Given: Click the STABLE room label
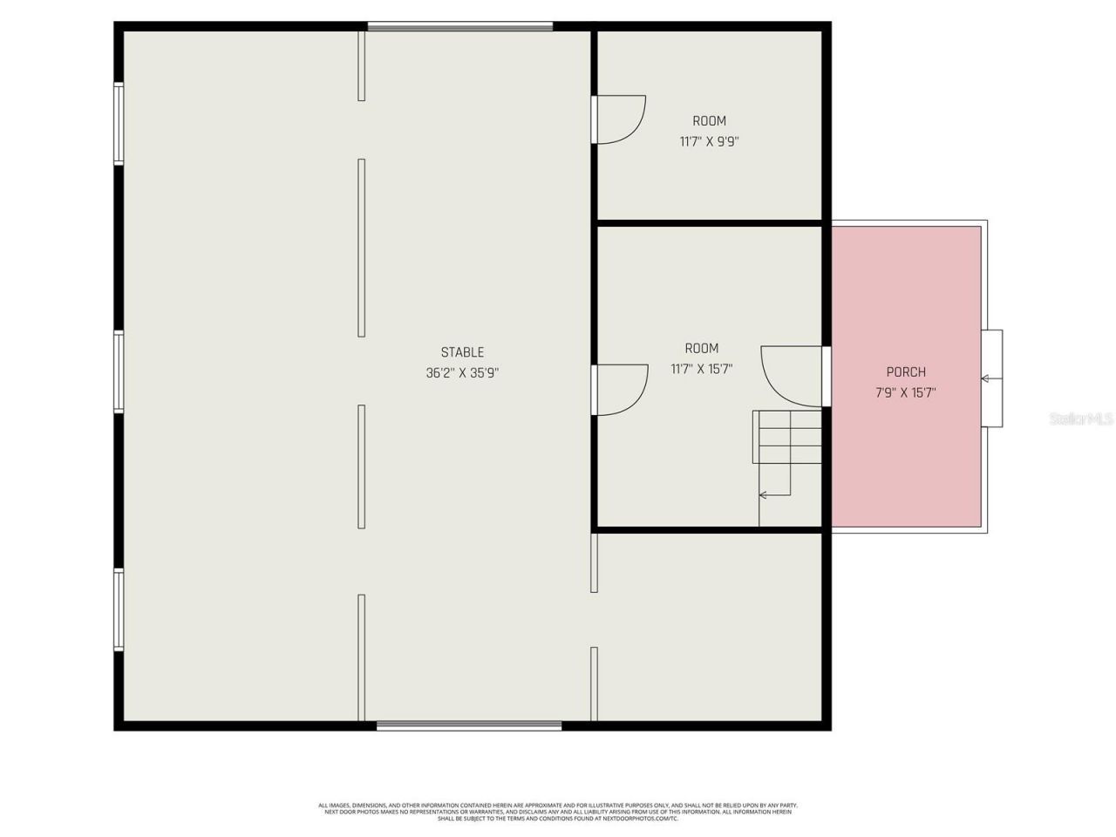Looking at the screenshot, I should pos(462,352).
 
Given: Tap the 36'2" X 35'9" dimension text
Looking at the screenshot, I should pos(462,373).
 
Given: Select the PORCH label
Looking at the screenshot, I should pos(906,372).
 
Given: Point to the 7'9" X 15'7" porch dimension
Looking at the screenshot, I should pos(906,393).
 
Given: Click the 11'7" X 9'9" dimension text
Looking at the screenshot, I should pos(709,141).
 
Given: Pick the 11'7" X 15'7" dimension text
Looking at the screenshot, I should pos(701,370).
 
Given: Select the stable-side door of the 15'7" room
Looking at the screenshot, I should pos(620,389).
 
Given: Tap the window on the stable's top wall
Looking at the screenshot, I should pos(459,27).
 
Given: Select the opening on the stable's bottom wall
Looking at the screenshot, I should pos(469,725).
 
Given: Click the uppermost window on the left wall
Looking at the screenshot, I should pos(119,124).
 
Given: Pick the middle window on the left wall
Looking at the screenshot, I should pos(119,371).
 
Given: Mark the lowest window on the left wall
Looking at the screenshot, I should pos(119,609).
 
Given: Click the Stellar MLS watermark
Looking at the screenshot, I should pos(1080,419).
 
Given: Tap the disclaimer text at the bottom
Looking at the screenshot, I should pos(558,812).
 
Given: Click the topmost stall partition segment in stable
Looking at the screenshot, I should pos(362,66).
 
